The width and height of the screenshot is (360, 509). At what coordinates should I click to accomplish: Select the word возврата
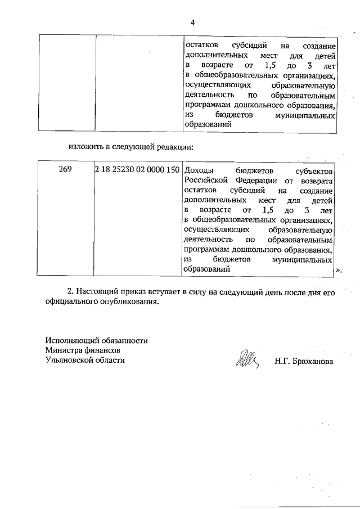point(316,180)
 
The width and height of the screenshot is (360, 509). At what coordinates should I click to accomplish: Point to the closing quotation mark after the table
point(338,270)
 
